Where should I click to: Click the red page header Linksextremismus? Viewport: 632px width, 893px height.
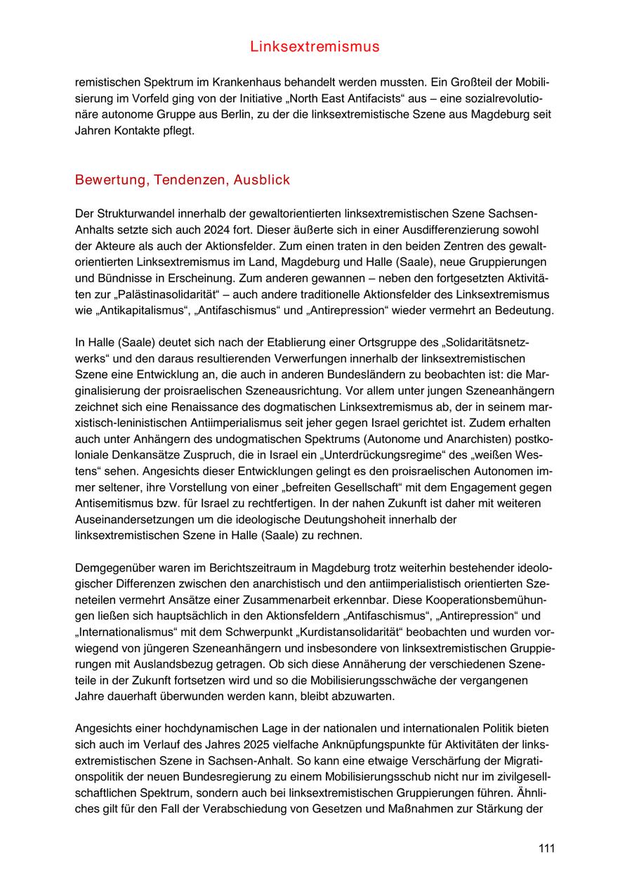click(315, 47)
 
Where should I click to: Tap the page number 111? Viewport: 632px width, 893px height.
click(546, 849)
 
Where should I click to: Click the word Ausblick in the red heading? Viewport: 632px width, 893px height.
click(261, 180)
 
